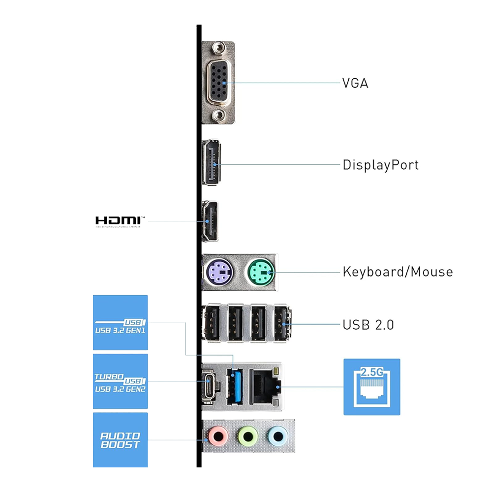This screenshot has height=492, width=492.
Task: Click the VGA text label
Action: click(355, 83)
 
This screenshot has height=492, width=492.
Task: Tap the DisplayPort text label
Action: click(380, 164)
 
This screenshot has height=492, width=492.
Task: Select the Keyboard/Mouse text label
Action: click(398, 272)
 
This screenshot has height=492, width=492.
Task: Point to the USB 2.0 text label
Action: click(368, 325)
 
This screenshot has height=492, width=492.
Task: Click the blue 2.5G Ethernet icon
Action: click(371, 387)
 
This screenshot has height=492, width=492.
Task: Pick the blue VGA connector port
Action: click(218, 82)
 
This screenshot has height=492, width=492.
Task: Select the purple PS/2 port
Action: click(216, 271)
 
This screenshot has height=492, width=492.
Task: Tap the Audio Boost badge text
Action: click(120, 440)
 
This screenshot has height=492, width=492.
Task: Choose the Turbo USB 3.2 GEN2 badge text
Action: click(120, 383)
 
